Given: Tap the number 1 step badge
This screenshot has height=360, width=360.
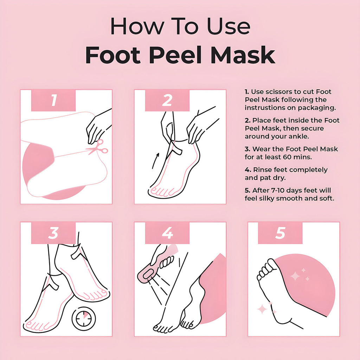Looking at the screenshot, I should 53,100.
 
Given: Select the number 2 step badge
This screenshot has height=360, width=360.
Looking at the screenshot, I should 167,100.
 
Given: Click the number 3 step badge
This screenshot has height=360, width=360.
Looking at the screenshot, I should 53,233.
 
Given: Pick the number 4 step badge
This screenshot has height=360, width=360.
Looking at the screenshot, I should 167,233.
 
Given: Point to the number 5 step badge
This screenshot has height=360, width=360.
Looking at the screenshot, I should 280,233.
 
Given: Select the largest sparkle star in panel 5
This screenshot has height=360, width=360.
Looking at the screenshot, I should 295,276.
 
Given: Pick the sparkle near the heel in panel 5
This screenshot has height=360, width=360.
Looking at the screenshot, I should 262,309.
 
